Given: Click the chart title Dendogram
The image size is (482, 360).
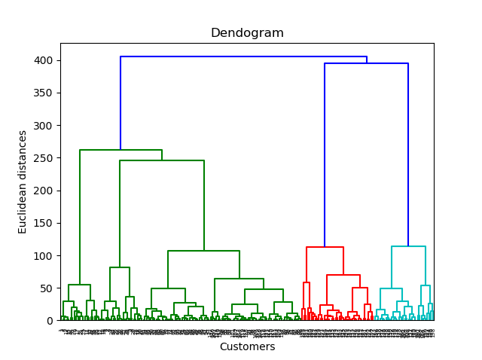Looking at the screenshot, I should click(x=247, y=33).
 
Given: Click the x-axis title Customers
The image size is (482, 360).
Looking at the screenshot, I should click(x=247, y=347).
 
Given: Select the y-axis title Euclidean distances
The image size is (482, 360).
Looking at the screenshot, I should click(x=23, y=182).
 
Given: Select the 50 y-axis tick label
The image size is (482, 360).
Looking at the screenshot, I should click(x=47, y=288).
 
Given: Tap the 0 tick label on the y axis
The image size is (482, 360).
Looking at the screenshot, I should click(x=50, y=321).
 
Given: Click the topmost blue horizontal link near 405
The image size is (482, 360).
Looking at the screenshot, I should click(x=243, y=56).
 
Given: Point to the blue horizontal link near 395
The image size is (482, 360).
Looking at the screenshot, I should click(x=366, y=63).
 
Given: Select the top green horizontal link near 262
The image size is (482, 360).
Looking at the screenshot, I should click(x=120, y=150).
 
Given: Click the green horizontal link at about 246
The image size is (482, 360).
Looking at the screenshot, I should click(x=161, y=160).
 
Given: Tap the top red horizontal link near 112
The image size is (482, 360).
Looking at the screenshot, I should click(x=325, y=247).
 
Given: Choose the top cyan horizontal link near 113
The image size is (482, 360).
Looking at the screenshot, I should click(x=408, y=246).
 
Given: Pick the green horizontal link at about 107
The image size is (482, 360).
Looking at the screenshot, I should click(x=203, y=251).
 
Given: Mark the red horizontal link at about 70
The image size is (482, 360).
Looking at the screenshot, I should click(x=343, y=275).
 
